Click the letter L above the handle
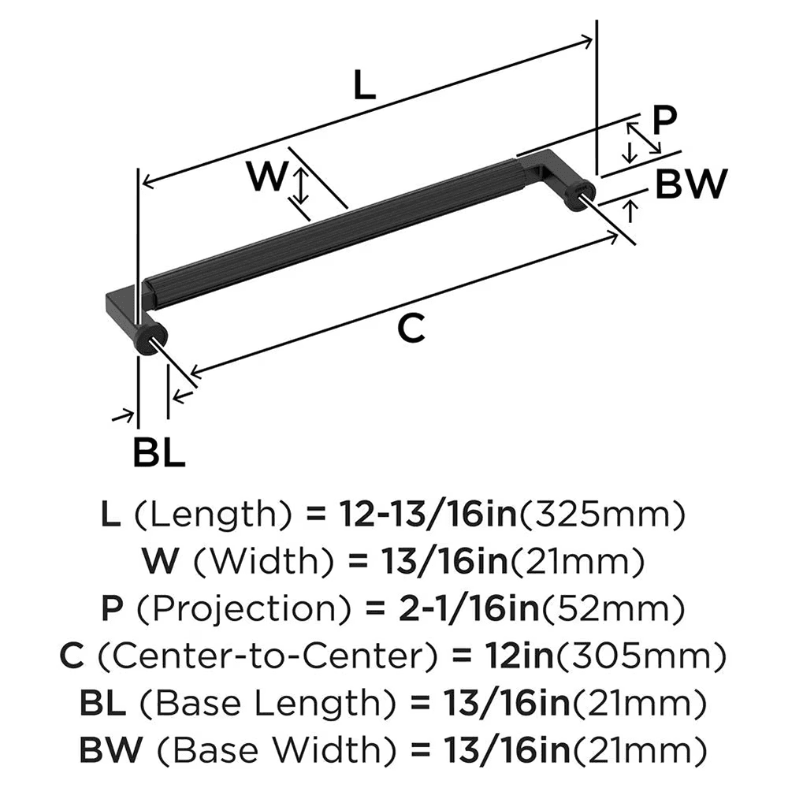363,85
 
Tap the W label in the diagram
265,177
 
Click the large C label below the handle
411,329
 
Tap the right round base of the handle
579,192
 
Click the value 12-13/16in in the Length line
427,517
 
